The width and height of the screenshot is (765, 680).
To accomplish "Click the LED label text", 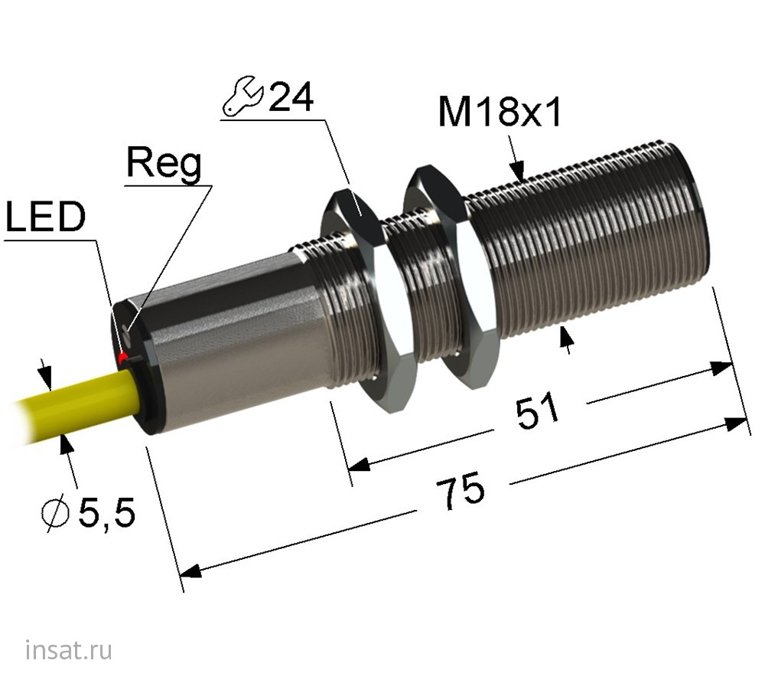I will click(x=45, y=219).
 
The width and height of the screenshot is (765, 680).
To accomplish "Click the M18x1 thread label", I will click(x=500, y=114).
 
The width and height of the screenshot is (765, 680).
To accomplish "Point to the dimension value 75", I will click(x=461, y=491).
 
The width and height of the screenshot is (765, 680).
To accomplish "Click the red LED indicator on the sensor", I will click(x=122, y=358).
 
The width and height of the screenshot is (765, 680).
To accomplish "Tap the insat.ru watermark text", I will click(x=69, y=651).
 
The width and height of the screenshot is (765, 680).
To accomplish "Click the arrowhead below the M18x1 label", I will click(x=519, y=173).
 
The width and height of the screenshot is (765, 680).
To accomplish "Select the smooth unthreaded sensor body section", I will click(x=229, y=345).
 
